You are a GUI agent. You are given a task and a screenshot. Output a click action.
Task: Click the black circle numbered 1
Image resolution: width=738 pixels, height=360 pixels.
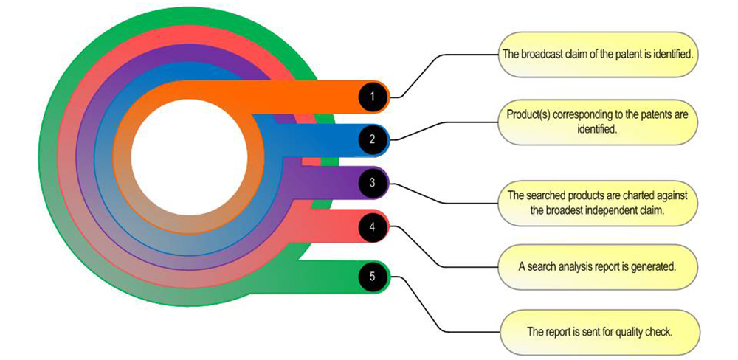point(373,97)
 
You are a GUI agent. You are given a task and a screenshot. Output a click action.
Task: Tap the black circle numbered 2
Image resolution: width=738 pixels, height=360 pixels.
point(373,139)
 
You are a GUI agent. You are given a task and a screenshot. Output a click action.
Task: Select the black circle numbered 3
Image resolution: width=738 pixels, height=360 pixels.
point(373,183)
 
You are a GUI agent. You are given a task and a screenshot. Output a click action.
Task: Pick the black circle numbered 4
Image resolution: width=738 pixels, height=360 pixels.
point(373,226)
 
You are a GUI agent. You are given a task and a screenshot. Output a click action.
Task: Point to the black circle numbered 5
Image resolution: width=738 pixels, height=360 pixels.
point(373,276)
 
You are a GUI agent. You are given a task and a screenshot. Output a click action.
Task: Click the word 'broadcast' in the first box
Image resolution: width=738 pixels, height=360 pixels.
point(539,54)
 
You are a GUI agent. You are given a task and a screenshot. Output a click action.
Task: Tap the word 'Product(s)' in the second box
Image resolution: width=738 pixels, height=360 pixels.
point(527,115)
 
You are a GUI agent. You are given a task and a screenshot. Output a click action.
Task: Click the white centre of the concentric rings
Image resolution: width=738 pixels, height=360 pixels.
point(189,157)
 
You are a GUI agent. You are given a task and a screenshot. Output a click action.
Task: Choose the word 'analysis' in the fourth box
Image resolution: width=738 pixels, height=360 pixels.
point(571,267)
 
